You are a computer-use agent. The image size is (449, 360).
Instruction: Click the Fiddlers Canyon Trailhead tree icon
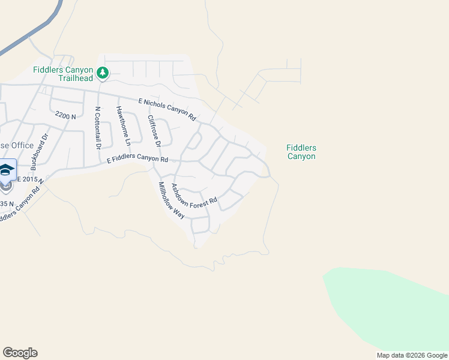103,73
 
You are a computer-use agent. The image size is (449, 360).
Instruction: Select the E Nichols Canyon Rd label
167,109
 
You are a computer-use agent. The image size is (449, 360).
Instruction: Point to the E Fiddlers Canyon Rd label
137,159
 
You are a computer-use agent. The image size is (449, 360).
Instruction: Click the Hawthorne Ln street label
123,127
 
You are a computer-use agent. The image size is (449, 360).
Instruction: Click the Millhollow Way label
172,200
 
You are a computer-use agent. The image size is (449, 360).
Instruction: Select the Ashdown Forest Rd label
194,196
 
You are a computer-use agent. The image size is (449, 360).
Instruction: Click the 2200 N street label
65,115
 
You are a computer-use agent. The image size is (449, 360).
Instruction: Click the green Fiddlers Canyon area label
301,152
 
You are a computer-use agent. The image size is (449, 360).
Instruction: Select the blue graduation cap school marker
7,171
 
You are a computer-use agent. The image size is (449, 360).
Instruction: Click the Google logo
20,353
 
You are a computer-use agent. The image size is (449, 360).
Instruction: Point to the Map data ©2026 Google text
412,355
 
